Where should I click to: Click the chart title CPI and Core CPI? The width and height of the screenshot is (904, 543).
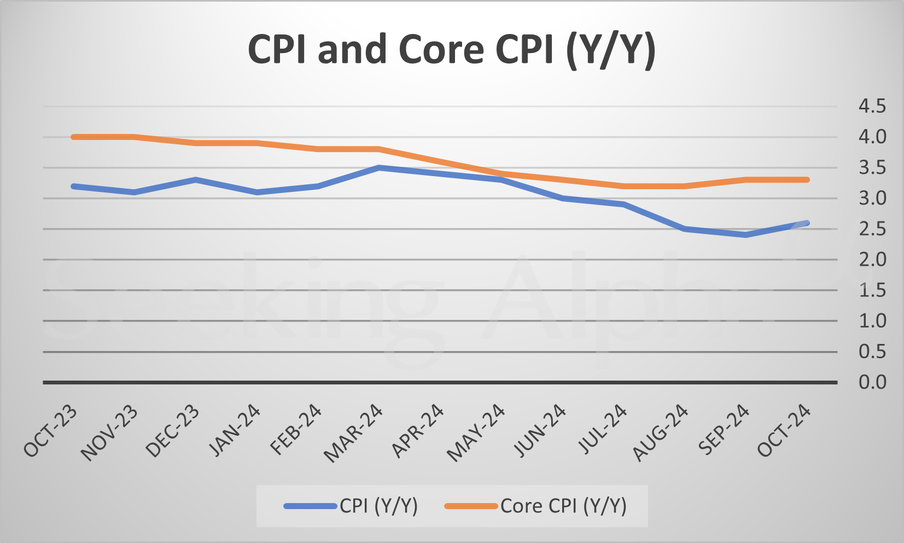pyautogui.click(x=451, y=50)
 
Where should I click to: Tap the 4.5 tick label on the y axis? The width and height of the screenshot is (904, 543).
pyautogui.click(x=872, y=106)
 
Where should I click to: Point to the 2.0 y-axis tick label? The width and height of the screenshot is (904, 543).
pyautogui.click(x=872, y=259)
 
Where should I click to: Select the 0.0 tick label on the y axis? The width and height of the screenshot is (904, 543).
pyautogui.click(x=872, y=382)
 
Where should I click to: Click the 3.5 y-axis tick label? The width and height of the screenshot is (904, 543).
pyautogui.click(x=872, y=167)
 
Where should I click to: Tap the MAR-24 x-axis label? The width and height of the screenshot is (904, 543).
pyautogui.click(x=353, y=433)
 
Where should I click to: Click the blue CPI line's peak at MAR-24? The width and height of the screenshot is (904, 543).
pyautogui.click(x=379, y=168)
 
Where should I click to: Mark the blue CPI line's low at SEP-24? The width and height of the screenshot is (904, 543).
pyautogui.click(x=746, y=235)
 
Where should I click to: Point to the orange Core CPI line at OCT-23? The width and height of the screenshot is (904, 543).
pyautogui.click(x=74, y=137)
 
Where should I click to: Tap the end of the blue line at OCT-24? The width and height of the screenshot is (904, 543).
pyautogui.click(x=807, y=223)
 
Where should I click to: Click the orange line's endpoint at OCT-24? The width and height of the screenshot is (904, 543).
pyautogui.click(x=807, y=179)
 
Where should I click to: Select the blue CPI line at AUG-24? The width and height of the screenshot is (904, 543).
pyautogui.click(x=685, y=229)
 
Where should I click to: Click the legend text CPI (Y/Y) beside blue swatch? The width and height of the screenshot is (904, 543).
pyautogui.click(x=378, y=506)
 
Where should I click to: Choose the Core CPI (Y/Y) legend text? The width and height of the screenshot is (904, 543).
pyautogui.click(x=563, y=506)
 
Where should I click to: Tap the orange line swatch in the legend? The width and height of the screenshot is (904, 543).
pyautogui.click(x=471, y=506)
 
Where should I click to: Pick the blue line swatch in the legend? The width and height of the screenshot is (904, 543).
pyautogui.click(x=310, y=506)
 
